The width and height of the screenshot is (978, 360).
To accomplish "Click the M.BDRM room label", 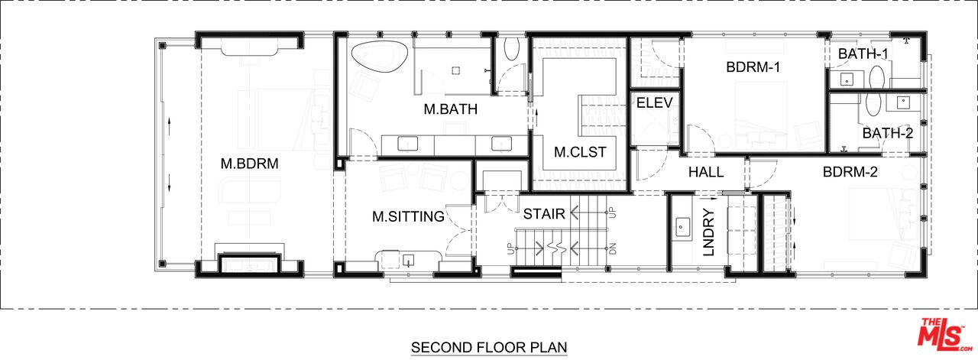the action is coord(249,164).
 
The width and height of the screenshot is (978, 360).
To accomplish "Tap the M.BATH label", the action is coord(451,109).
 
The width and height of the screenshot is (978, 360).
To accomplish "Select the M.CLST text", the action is coord(580,152).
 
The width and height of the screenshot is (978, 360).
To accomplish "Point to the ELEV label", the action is coord(655,102).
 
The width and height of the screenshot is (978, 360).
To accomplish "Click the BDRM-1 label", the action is coord(753,66).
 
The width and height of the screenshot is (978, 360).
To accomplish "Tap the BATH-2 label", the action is coord(888,133).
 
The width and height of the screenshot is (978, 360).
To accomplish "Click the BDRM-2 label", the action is coord(850,172).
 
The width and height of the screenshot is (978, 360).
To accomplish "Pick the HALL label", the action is coord(706,172).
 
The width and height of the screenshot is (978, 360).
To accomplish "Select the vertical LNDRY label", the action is coord(709,232).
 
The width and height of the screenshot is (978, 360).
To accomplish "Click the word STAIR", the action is coord(544,214).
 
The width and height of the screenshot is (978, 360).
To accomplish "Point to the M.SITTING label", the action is coord(408,216).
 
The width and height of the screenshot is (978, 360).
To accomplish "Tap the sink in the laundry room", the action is coord(681,227).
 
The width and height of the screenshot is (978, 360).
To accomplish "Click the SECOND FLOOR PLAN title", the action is coord(489,347).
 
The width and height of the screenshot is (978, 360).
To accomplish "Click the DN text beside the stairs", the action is coord(612,249).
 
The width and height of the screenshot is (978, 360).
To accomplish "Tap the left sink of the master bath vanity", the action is coord(407,144).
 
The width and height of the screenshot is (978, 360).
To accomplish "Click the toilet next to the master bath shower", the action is coord(510,48).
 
